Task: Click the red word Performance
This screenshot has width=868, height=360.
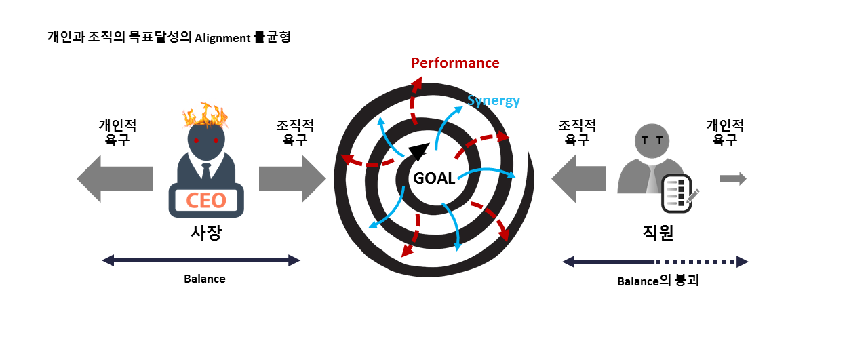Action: (x=455, y=63)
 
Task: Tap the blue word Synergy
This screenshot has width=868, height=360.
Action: (x=494, y=101)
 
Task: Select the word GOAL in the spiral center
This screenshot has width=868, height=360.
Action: (x=434, y=178)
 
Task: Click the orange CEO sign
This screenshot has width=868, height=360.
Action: (x=206, y=201)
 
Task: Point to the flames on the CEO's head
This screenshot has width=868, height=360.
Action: (x=205, y=115)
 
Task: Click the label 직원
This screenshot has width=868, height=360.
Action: (x=657, y=233)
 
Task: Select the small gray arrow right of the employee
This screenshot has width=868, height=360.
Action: (x=732, y=178)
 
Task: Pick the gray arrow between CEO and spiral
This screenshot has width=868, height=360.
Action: (x=292, y=178)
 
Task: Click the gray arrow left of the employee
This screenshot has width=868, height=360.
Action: (x=578, y=178)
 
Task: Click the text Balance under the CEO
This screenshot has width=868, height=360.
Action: (x=205, y=279)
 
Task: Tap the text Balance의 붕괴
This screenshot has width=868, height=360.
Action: (x=657, y=281)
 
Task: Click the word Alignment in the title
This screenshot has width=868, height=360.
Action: (x=222, y=38)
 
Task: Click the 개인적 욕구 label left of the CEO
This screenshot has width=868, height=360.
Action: (x=117, y=133)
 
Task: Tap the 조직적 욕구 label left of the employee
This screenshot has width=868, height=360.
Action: (x=577, y=133)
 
